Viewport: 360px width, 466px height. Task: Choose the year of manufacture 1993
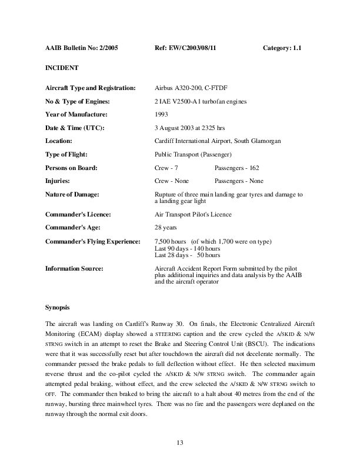point(160,114)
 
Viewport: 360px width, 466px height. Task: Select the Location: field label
point(59,141)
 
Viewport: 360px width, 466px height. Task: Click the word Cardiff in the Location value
point(164,141)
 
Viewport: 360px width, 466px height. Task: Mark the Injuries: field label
point(58,181)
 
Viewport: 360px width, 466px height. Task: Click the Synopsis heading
point(58,308)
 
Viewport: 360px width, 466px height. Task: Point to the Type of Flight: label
point(66,154)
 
